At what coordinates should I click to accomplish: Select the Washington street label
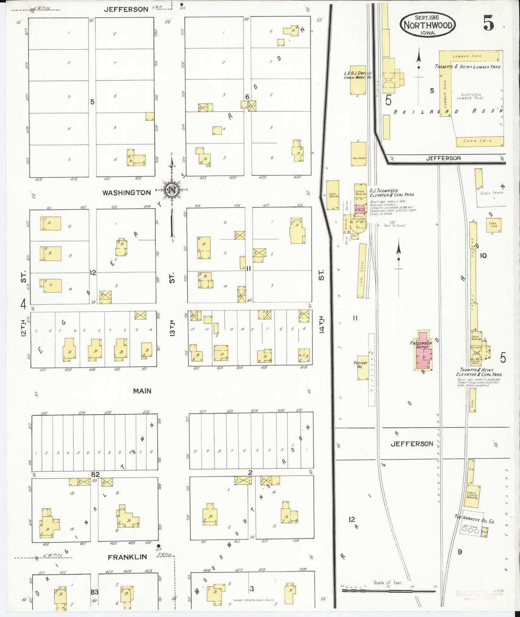127,193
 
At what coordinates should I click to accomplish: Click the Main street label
142,391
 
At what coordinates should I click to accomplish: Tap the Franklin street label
127,557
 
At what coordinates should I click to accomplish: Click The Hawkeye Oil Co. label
474,521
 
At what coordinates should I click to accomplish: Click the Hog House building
358,154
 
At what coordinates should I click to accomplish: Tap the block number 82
95,474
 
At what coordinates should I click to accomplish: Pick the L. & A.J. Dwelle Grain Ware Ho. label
357,75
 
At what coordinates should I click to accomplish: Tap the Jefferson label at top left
126,9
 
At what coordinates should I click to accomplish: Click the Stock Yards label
492,193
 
